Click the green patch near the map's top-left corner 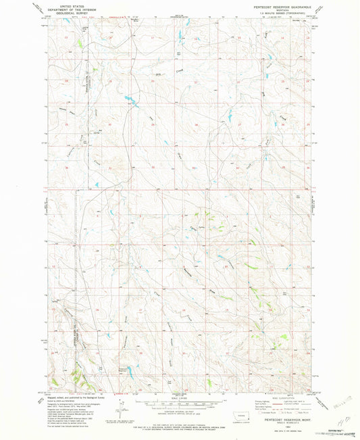pos(80,44)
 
